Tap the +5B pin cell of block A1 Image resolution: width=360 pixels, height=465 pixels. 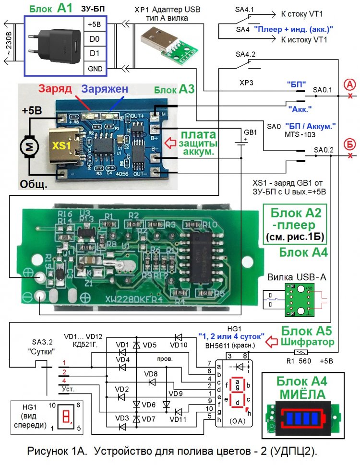(94, 24)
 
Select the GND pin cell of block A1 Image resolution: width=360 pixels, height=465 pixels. (94, 69)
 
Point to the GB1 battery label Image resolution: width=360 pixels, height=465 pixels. (251, 132)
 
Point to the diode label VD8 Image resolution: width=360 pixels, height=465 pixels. (151, 373)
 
